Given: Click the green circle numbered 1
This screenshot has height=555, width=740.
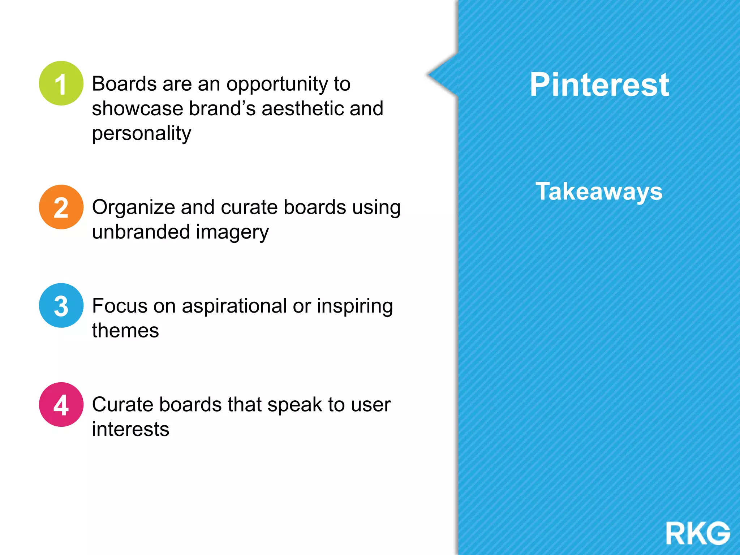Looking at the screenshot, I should [x=61, y=83].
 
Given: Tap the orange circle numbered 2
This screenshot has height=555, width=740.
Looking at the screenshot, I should [x=61, y=207].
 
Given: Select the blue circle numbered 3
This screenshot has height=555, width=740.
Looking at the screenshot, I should [x=61, y=306].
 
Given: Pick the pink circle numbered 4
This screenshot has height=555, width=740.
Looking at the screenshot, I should [x=61, y=405].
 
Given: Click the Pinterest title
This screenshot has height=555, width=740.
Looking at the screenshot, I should [x=599, y=85].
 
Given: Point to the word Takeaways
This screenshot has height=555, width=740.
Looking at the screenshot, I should [x=599, y=191].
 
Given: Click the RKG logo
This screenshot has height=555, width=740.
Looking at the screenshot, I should [x=697, y=533].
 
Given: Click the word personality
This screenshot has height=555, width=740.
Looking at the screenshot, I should [x=141, y=133].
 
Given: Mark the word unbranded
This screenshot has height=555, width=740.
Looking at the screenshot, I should [x=141, y=232].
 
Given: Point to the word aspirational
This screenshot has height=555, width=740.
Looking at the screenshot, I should [x=234, y=306].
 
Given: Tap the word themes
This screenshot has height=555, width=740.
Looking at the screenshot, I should [x=125, y=330].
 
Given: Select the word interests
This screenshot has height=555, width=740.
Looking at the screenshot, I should [x=130, y=429].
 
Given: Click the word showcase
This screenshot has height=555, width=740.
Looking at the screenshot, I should [x=137, y=108].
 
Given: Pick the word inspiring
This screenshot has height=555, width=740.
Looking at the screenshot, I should [x=355, y=306].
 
